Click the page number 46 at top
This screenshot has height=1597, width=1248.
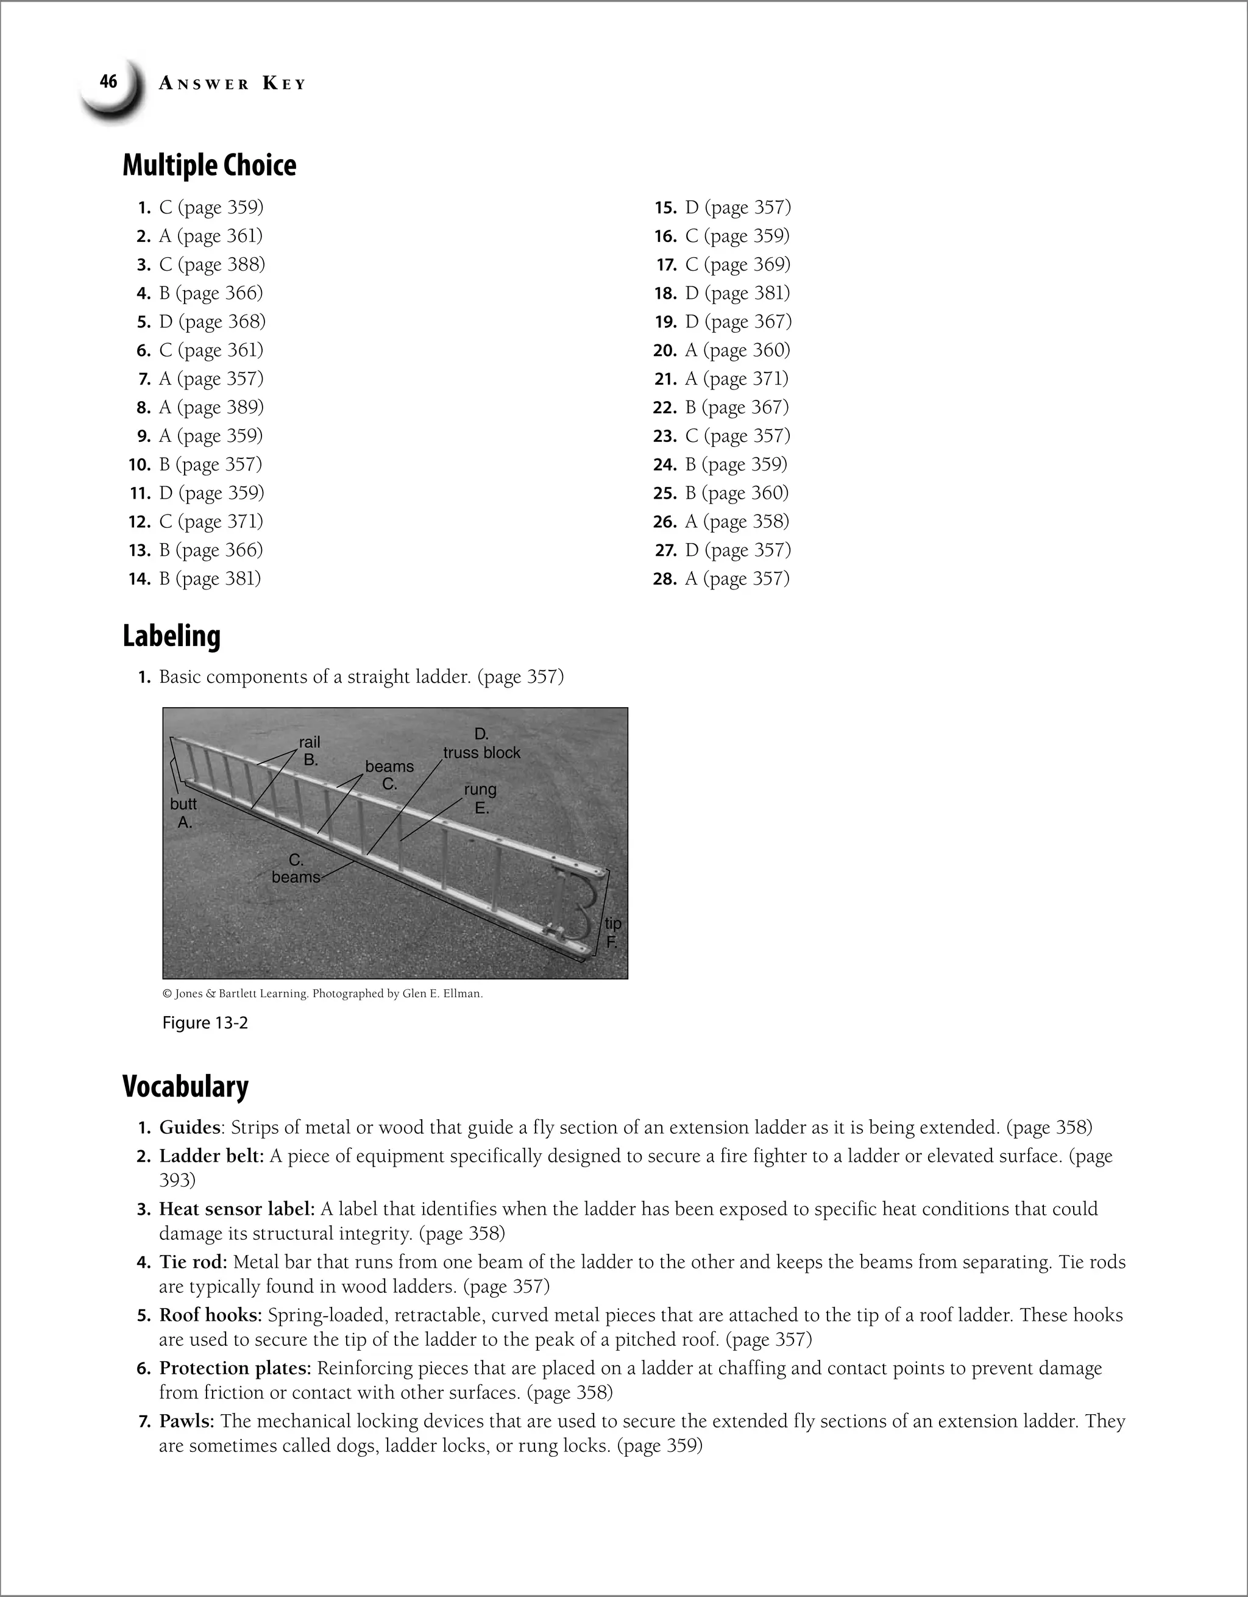click(x=108, y=82)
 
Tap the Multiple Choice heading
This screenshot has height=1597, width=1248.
click(x=209, y=165)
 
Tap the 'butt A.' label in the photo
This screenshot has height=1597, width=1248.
click(x=183, y=813)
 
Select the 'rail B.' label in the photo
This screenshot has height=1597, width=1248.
click(x=310, y=751)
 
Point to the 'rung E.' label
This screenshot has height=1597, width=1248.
click(x=480, y=798)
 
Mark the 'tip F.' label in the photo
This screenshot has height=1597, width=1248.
click(x=612, y=933)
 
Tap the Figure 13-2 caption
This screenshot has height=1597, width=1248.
click(x=205, y=1023)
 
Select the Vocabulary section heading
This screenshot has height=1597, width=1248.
click(x=185, y=1087)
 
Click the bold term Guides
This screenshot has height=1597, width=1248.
click(x=190, y=1128)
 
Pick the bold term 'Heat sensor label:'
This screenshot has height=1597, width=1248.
click(x=237, y=1209)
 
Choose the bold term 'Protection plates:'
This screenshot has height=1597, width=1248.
click(x=235, y=1368)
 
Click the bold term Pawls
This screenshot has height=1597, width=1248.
click(x=186, y=1421)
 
